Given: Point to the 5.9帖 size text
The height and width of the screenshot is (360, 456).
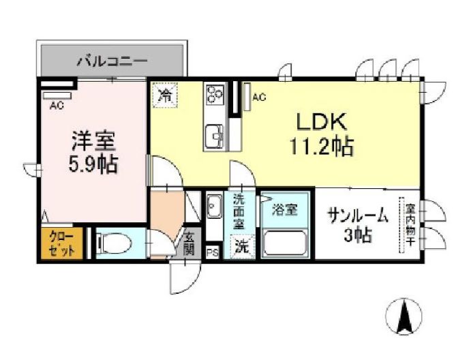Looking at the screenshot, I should tap(94, 164).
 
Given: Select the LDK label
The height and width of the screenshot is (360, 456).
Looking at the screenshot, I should tap(322, 122).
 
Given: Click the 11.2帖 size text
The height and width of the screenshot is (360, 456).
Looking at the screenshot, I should tap(322, 146).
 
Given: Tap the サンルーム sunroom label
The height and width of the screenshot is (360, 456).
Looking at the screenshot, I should tap(358, 216).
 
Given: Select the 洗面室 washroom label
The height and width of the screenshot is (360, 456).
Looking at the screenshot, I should tap(239, 211).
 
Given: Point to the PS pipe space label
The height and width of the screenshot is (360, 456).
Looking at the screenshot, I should tap(212, 252).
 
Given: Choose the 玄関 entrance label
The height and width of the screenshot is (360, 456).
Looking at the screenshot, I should tap(189, 244).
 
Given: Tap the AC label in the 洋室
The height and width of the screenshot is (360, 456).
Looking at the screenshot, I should tap(58, 105).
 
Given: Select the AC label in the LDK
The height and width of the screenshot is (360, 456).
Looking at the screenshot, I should tap(258, 98).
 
